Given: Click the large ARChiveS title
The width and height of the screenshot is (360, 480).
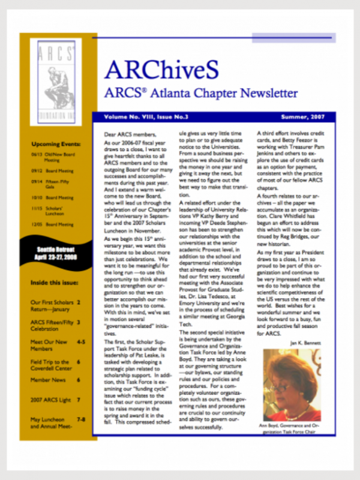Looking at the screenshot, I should (x=170, y=70).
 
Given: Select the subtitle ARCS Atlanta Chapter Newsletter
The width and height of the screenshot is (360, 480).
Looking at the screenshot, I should (x=200, y=94).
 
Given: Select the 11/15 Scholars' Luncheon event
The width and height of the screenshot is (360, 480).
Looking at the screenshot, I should (x=55, y=211).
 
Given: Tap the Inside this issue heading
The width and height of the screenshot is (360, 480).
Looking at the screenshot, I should (x=55, y=283).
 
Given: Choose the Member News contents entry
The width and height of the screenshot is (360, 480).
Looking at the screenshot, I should (x=55, y=380).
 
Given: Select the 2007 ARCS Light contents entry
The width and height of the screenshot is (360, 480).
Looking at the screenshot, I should (x=55, y=399).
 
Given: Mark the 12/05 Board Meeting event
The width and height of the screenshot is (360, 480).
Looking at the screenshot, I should (x=55, y=224).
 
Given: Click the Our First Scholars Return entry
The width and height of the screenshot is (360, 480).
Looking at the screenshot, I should (x=55, y=306).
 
